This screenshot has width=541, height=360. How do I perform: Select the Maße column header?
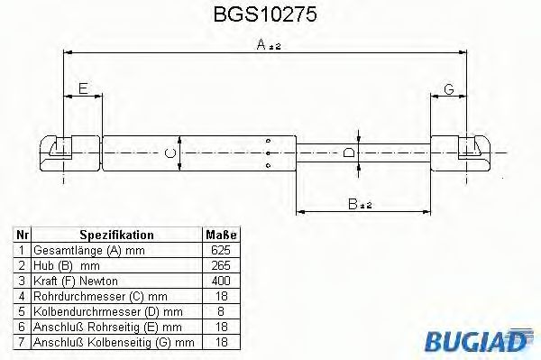tap(220, 235)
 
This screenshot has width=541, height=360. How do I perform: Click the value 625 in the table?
tap(220, 250)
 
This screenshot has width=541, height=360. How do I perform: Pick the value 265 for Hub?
tap(220, 265)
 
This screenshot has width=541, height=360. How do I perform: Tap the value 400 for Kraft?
tap(220, 281)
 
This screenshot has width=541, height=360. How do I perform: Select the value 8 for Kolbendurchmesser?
tap(220, 311)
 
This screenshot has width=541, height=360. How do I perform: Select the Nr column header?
tap(23, 235)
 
